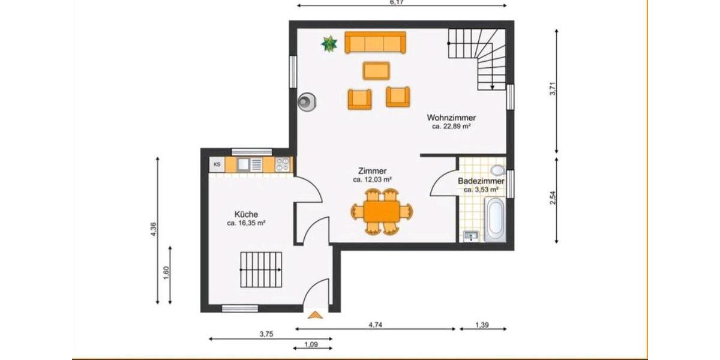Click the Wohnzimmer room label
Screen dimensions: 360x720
451,118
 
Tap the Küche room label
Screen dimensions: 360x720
246,214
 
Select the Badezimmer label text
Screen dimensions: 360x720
481,181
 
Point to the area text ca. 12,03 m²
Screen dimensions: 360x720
372,179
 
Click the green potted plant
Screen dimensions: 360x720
329,44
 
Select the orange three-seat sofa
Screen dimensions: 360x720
375,43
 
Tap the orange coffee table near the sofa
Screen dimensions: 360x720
376,70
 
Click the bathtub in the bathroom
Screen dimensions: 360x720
495,220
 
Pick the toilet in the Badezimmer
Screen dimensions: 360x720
497,170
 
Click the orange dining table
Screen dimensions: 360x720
382,211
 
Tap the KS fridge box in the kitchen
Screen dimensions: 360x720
217,164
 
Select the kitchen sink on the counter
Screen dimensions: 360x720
244,164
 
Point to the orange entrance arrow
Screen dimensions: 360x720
315,313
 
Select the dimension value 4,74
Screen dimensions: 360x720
375,325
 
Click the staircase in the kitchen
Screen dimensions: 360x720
261,269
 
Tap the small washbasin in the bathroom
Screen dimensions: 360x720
472,236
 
